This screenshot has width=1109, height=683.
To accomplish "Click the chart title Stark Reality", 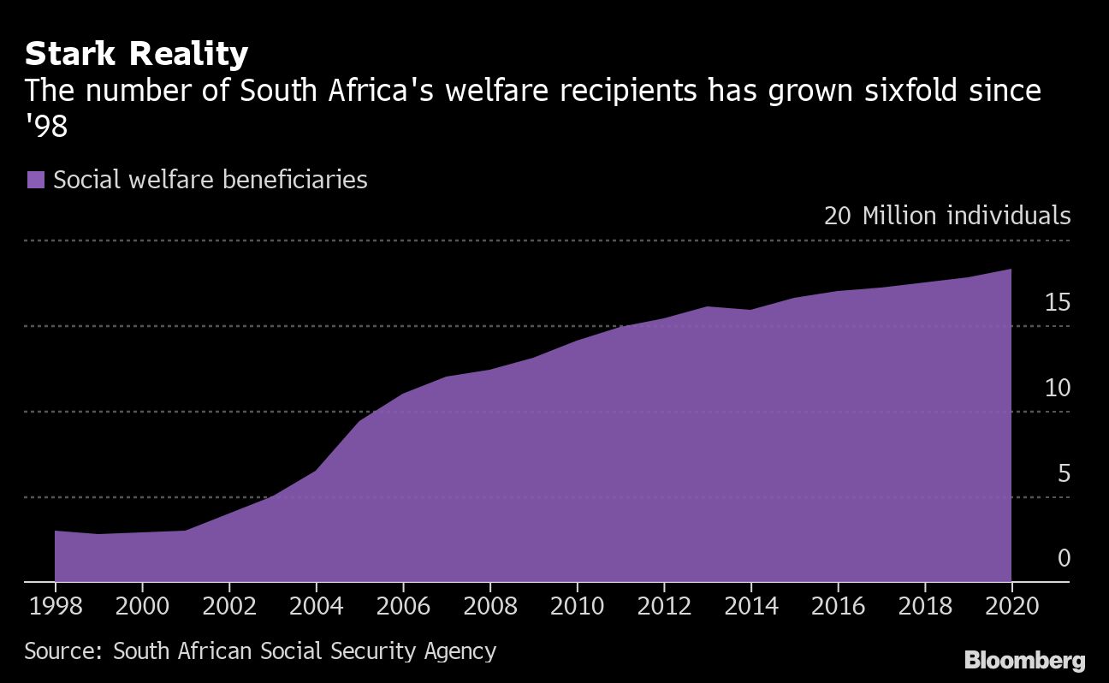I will [136, 54].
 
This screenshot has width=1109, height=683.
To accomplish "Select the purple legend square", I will [35, 180].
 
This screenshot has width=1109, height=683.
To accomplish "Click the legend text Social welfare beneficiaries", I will [211, 180].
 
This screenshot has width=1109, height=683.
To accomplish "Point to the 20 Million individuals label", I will [946, 215].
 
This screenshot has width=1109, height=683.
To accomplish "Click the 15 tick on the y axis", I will [1057, 302].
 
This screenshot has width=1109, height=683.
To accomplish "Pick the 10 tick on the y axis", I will [1057, 388].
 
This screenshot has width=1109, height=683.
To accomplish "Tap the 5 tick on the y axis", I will [1064, 473].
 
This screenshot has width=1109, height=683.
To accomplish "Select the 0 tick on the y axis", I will [1064, 558].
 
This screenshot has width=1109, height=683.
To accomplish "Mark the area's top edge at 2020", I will [1011, 270].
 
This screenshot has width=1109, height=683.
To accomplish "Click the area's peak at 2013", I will [708, 306].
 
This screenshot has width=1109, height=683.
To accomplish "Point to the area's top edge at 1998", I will [56, 532].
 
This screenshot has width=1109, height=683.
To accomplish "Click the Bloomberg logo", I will [1024, 660].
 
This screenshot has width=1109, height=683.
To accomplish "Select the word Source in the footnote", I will [63, 651].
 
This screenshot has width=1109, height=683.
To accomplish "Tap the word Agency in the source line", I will [460, 651].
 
